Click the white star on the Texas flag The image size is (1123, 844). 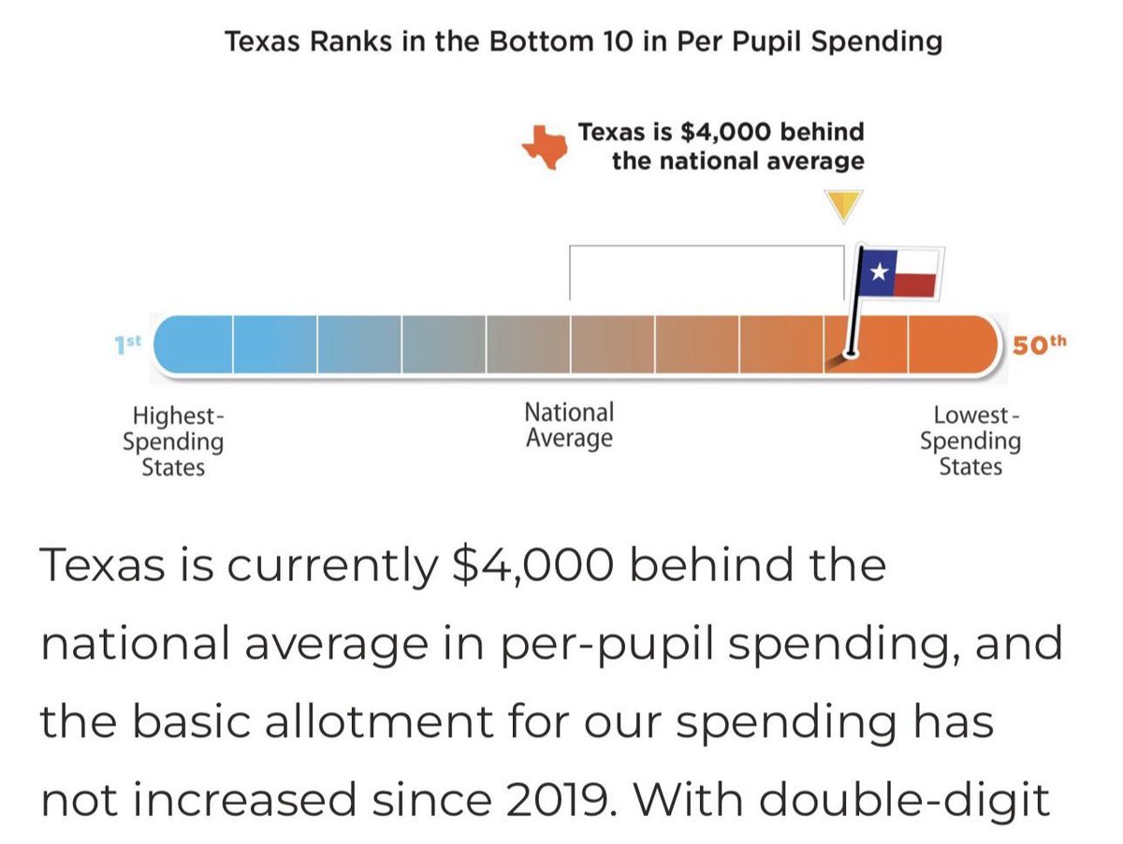point(879,271)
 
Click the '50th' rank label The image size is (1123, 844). point(1039,343)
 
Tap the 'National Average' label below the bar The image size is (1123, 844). point(569,425)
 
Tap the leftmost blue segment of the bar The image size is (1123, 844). point(194,344)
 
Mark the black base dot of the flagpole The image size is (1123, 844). point(850,354)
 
